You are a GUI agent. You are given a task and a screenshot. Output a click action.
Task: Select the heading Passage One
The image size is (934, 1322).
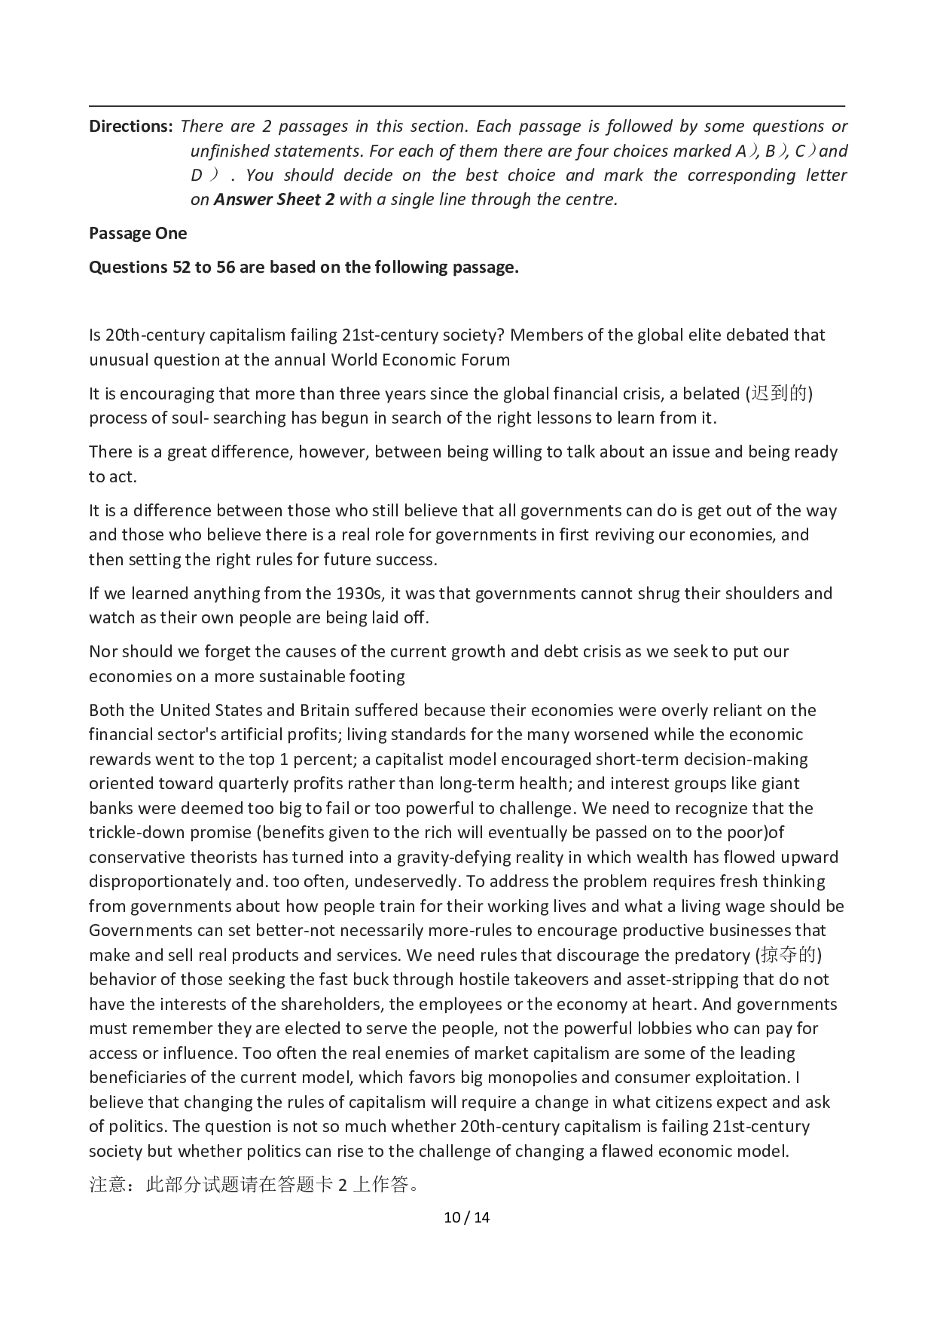click(138, 234)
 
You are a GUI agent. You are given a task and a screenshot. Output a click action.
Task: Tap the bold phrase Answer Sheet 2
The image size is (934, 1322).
click(274, 200)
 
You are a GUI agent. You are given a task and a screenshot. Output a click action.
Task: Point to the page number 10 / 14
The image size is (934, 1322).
click(467, 1216)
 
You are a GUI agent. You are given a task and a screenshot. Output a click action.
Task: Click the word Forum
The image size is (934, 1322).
click(486, 360)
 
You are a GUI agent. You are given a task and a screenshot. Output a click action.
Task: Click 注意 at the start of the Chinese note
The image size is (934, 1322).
click(107, 1185)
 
